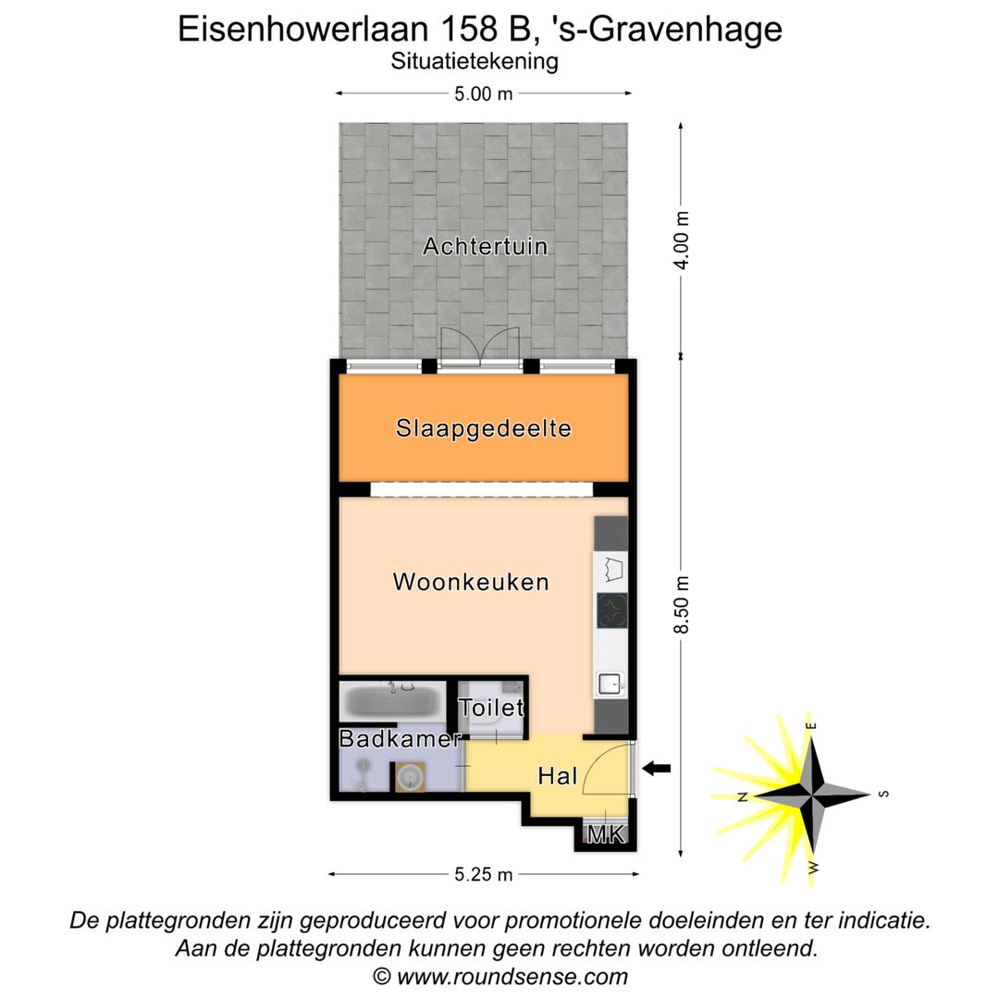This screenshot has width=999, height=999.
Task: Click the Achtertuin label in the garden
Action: click(x=485, y=247)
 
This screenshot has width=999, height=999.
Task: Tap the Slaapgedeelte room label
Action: click(x=483, y=429)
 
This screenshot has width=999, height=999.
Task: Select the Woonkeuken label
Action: click(x=471, y=582)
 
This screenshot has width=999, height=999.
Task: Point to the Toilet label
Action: click(x=492, y=709)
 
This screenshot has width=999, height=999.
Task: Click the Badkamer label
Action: click(x=400, y=739)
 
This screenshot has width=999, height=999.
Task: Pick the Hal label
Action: click(x=558, y=776)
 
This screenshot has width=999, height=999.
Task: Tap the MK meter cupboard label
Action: click(x=607, y=835)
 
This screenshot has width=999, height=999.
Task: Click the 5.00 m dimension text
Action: click(x=483, y=93)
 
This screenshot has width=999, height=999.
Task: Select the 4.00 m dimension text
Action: click(x=683, y=240)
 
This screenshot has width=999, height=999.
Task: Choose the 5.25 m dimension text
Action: click(x=483, y=874)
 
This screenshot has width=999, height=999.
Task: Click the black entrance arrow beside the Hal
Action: click(x=657, y=768)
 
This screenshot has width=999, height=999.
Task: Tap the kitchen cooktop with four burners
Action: click(x=611, y=611)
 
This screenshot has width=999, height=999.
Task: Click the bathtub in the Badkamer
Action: click(x=391, y=701)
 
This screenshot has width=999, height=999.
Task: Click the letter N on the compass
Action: click(x=743, y=795)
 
